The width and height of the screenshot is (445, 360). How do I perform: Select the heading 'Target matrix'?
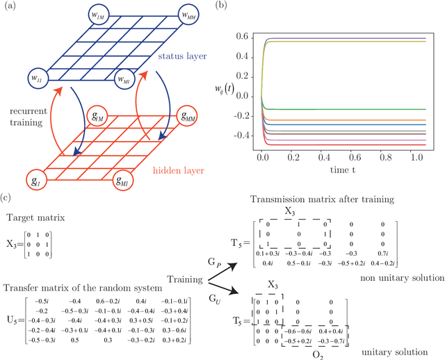tap(35, 218)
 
